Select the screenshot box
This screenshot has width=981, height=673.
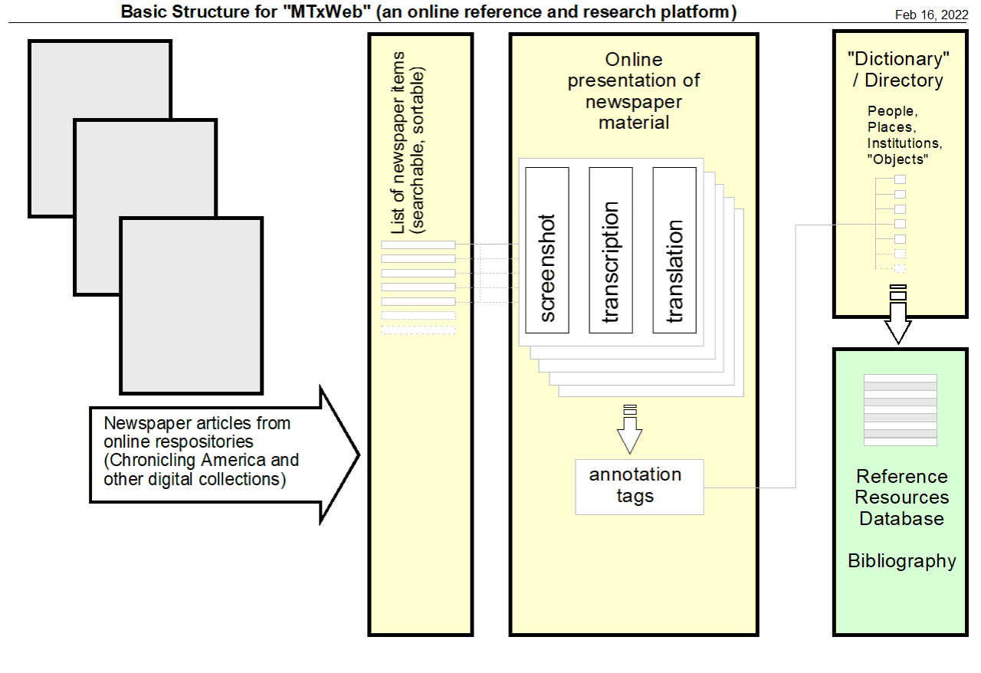pyautogui.click(x=547, y=250)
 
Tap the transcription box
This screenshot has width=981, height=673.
pyautogui.click(x=611, y=250)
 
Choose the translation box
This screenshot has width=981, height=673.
pyautogui.click(x=674, y=250)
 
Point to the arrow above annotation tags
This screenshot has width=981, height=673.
pyautogui.click(x=630, y=431)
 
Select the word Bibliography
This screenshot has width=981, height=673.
pyautogui.click(x=901, y=561)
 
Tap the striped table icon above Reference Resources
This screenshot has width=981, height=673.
pyautogui.click(x=900, y=409)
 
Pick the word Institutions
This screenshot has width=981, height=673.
pyautogui.click(x=903, y=143)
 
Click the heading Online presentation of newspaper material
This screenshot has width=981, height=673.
pyautogui.click(x=633, y=90)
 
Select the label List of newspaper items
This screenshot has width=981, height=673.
pyautogui.click(x=398, y=143)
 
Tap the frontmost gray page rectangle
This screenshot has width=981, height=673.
pyautogui.click(x=192, y=305)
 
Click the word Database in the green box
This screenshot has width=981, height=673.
pyautogui.click(x=901, y=518)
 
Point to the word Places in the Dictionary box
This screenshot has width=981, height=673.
pyautogui.click(x=891, y=127)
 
